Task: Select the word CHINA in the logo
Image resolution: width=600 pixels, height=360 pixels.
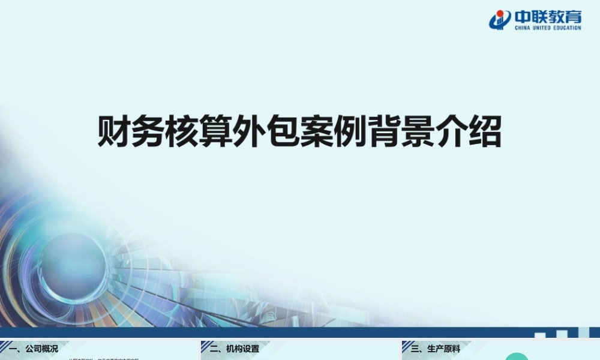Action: pyautogui.click(x=521, y=28)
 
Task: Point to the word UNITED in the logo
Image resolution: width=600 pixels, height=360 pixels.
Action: pyautogui.click(x=543, y=28)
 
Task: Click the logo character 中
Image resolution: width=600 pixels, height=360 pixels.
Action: pyautogui.click(x=521, y=16)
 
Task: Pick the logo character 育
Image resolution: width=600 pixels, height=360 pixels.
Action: pyautogui.click(x=573, y=16)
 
